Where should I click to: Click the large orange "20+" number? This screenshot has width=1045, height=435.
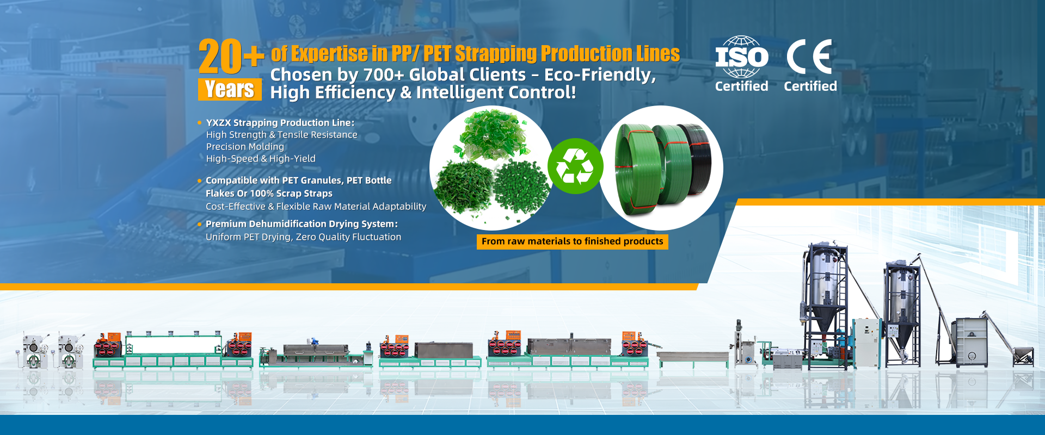pyautogui.click(x=231, y=56)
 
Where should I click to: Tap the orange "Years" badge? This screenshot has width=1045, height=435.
pyautogui.click(x=230, y=89)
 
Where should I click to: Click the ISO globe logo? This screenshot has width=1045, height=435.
pyautogui.click(x=741, y=57)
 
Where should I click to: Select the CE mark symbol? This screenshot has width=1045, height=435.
pyautogui.click(x=809, y=57)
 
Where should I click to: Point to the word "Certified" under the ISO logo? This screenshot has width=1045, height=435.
pyautogui.click(x=741, y=86)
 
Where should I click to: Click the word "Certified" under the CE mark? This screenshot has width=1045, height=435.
pyautogui.click(x=810, y=86)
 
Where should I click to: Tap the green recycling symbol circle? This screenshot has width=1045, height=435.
pyautogui.click(x=575, y=166)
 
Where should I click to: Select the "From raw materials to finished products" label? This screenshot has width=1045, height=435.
pyautogui.click(x=573, y=241)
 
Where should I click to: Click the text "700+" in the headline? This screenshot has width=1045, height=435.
pyautogui.click(x=383, y=74)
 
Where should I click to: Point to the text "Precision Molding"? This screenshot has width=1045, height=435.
pyautogui.click(x=245, y=147)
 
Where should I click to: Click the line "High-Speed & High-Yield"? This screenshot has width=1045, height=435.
pyautogui.click(x=261, y=159)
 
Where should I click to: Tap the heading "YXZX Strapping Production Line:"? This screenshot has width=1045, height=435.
pyautogui.click(x=280, y=123)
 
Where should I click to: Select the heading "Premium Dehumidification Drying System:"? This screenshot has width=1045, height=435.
pyautogui.click(x=302, y=224)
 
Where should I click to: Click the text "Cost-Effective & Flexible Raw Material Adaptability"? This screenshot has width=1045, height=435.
pyautogui.click(x=316, y=207)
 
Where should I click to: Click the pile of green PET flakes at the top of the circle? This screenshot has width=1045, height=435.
pyautogui.click(x=490, y=133)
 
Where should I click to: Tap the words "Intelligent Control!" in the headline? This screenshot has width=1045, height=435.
pyautogui.click(x=496, y=92)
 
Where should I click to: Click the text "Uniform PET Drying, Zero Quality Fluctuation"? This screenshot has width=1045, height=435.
pyautogui.click(x=303, y=237)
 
